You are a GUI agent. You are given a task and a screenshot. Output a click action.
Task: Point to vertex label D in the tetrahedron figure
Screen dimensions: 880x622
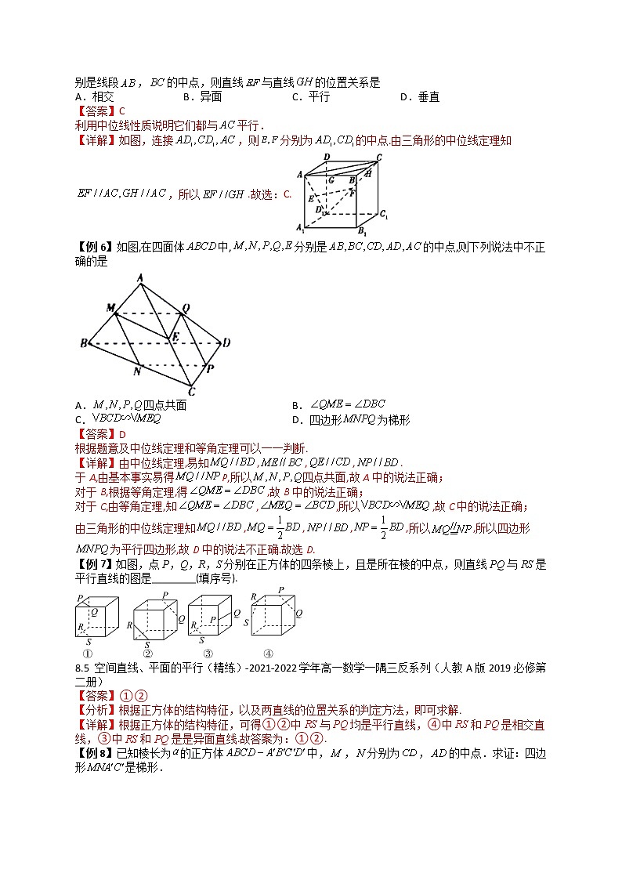226,342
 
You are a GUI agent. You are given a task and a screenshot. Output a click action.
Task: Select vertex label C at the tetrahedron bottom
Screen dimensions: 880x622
191,392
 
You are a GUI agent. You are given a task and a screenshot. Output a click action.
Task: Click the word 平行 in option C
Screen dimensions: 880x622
319,96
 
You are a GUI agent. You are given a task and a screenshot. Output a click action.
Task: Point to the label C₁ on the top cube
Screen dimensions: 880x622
384,213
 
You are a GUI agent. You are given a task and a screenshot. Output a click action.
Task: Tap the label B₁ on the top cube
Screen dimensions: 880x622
360,231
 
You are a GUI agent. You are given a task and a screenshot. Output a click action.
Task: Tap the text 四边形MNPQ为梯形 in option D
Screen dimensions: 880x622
360,420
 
